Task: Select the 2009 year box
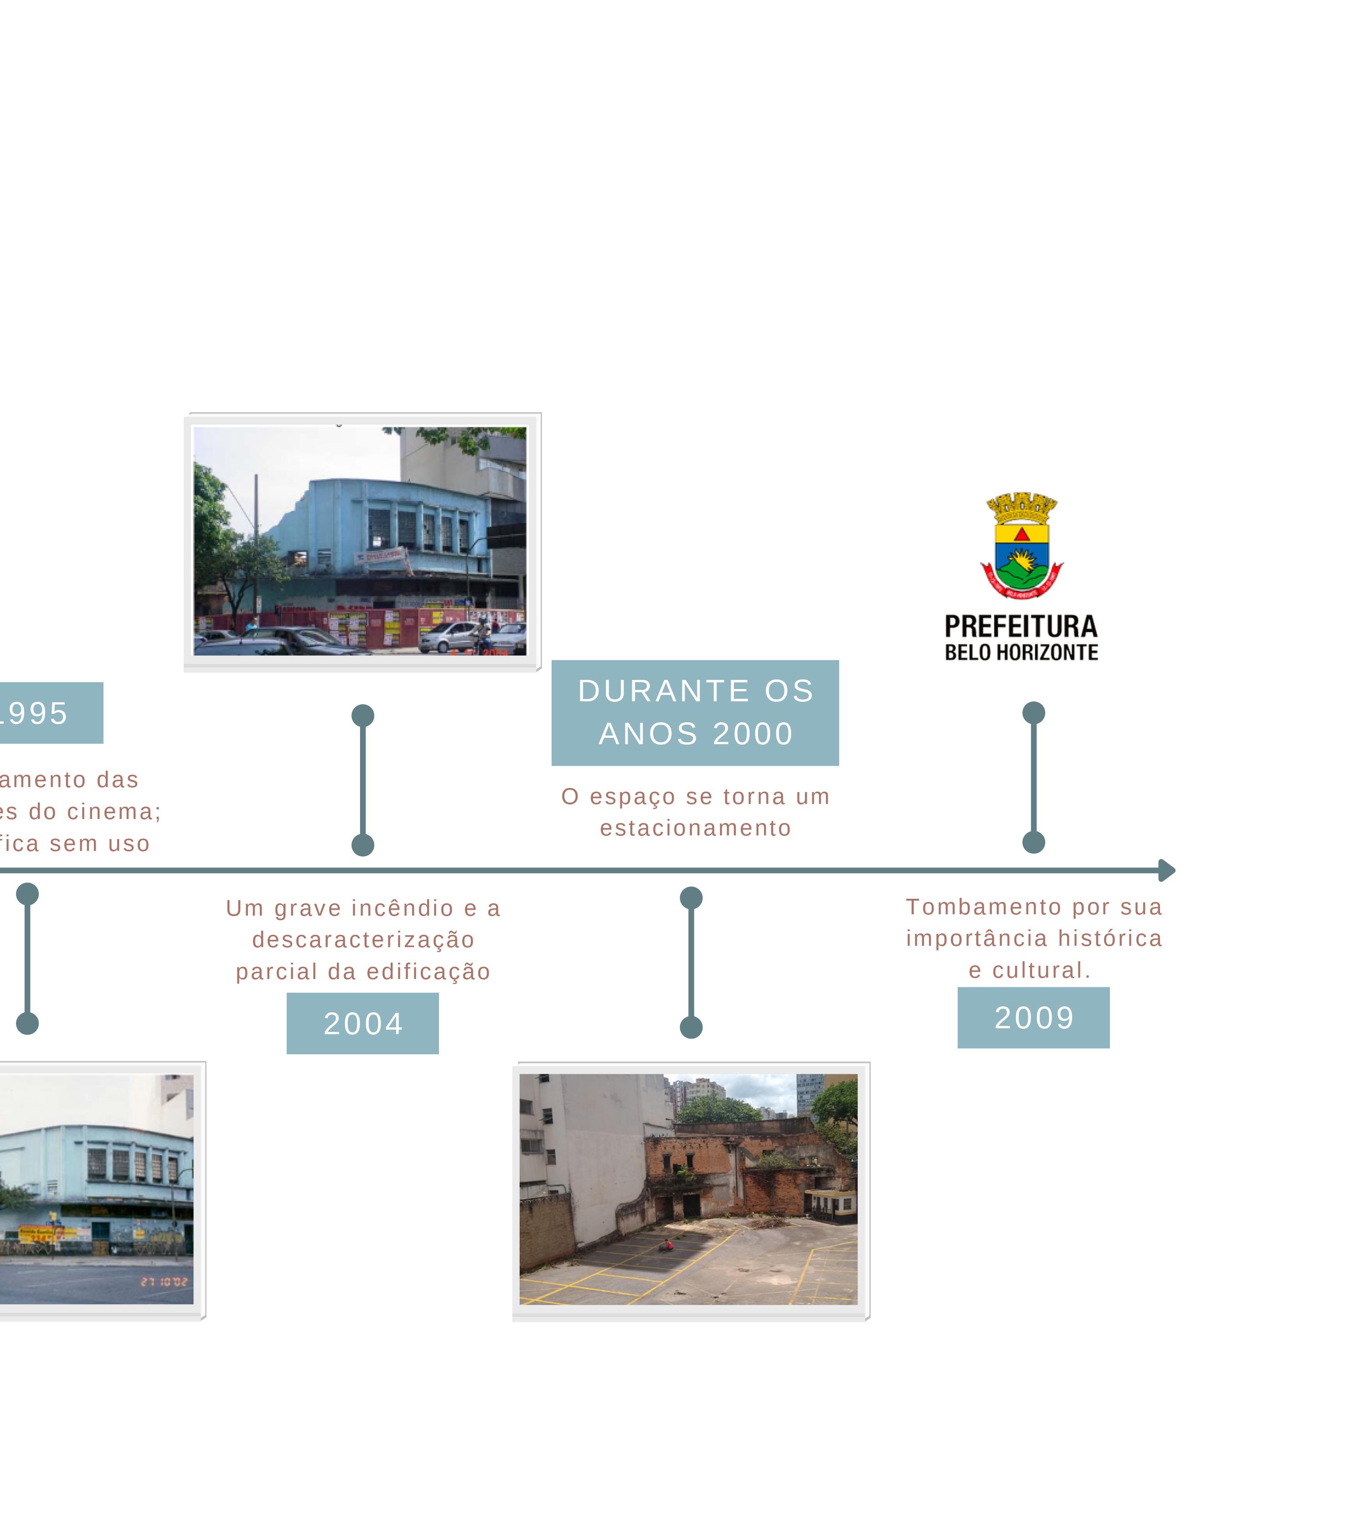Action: [x=1033, y=1017]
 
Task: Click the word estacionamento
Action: [x=696, y=828]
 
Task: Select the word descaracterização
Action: [x=363, y=940]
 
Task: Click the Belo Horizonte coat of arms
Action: [x=1021, y=546]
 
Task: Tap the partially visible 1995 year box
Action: [x=45, y=713]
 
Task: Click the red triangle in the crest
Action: [x=1021, y=534]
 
